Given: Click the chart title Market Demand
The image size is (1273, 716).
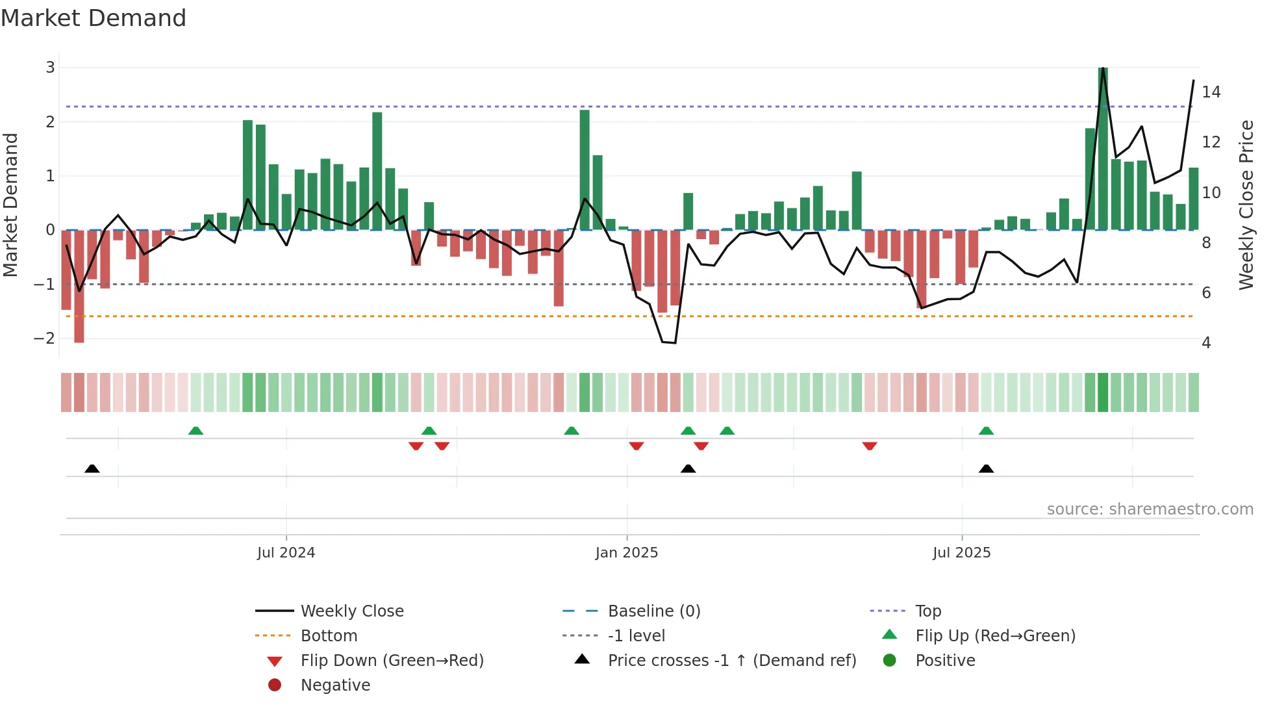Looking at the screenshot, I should (94, 18).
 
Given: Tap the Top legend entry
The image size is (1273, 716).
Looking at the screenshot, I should (927, 611).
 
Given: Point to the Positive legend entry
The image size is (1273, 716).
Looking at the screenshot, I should (944, 660).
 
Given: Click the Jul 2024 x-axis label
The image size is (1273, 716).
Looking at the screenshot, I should (286, 552).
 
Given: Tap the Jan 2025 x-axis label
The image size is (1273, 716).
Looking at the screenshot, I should (626, 552).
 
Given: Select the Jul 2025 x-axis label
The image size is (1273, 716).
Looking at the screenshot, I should (961, 552).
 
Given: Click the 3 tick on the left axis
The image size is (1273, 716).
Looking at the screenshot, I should (50, 67).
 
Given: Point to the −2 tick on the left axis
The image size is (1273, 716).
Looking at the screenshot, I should (45, 338).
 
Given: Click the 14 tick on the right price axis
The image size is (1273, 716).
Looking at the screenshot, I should (1211, 92).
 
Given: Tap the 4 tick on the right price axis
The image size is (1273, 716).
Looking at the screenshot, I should (1206, 342).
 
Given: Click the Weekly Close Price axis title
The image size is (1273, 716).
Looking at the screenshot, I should (1246, 205).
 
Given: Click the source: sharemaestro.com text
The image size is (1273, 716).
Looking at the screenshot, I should (1150, 509).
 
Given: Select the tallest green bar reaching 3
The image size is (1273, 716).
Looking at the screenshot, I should (1103, 149).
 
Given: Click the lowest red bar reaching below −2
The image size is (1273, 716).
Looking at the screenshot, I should (79, 286).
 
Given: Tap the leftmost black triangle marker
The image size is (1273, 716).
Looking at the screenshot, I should (92, 468).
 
